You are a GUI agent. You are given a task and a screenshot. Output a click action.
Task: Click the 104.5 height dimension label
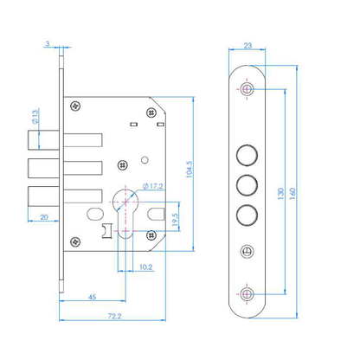pos(189,170)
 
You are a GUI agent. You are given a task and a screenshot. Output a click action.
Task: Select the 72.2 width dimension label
pos(114,316)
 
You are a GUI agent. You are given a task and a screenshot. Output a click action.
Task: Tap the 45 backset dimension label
pos(92,297)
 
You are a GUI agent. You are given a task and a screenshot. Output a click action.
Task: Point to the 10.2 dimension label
pos(145,267)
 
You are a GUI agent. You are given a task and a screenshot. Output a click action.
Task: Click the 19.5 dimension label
pos(175,220)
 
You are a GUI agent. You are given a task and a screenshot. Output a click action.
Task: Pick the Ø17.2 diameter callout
pos(153,186)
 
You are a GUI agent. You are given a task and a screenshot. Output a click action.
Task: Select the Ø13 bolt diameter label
pos(35,117)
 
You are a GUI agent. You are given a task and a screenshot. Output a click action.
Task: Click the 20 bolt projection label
pos(44,217)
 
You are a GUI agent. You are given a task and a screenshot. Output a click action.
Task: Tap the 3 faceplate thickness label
pos(48,44)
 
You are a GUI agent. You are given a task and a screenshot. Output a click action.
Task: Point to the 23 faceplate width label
pos(247,46)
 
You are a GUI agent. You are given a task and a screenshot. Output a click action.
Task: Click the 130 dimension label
pos(280,194)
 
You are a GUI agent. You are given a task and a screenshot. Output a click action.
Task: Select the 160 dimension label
pos(292,194)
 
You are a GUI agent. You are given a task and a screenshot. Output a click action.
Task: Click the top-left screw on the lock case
pos(75,106)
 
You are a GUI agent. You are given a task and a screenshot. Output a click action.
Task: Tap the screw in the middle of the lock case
pos(123,165)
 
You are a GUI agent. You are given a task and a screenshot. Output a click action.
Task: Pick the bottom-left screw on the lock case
pos(75,241)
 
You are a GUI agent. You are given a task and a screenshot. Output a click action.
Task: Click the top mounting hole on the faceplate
pos(247,89)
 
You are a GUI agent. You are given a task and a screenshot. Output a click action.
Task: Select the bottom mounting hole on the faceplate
pos(247,294)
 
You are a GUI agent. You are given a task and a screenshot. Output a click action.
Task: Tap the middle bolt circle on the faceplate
pos(247,184)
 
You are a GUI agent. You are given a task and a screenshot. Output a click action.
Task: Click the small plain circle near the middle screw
pos(145,159)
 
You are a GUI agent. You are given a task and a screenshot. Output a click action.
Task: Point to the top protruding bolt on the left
pos(43,140)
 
